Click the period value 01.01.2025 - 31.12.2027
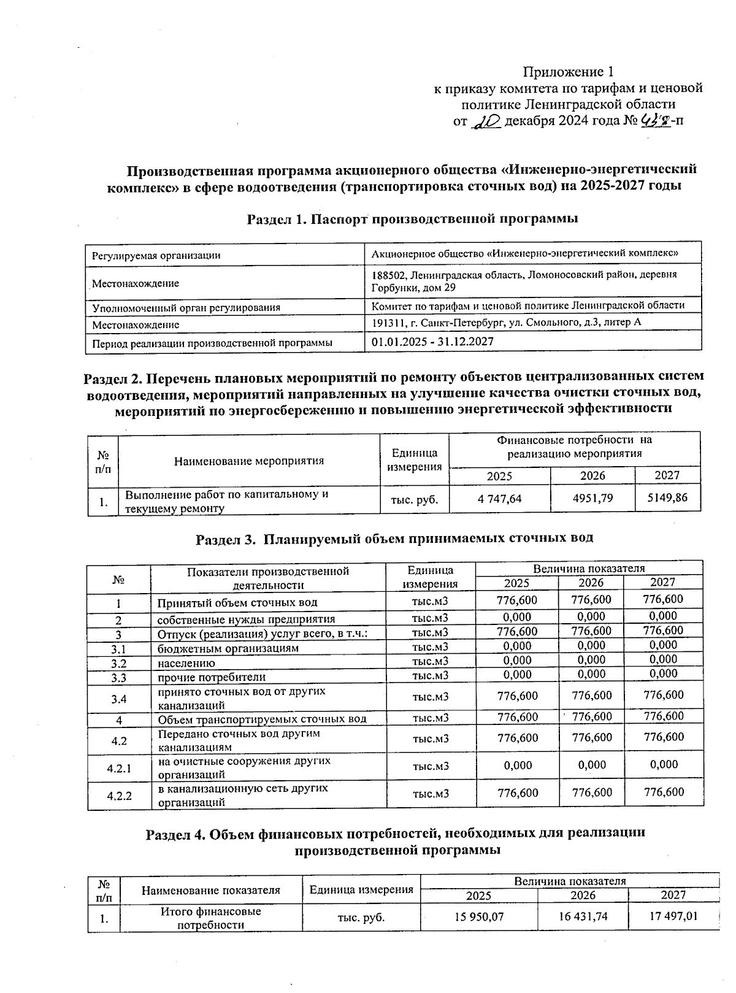click(432, 342)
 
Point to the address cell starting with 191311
click(507, 323)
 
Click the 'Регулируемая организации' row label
click(156, 255)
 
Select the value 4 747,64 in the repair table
click(499, 499)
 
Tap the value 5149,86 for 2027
click(667, 498)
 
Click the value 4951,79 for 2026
click(592, 498)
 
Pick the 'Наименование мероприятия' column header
click(249, 461)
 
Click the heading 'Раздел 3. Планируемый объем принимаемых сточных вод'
click(394, 539)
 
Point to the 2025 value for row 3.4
click(518, 696)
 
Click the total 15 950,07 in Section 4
click(478, 918)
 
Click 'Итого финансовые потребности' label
click(210, 918)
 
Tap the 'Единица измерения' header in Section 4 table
click(361, 890)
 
